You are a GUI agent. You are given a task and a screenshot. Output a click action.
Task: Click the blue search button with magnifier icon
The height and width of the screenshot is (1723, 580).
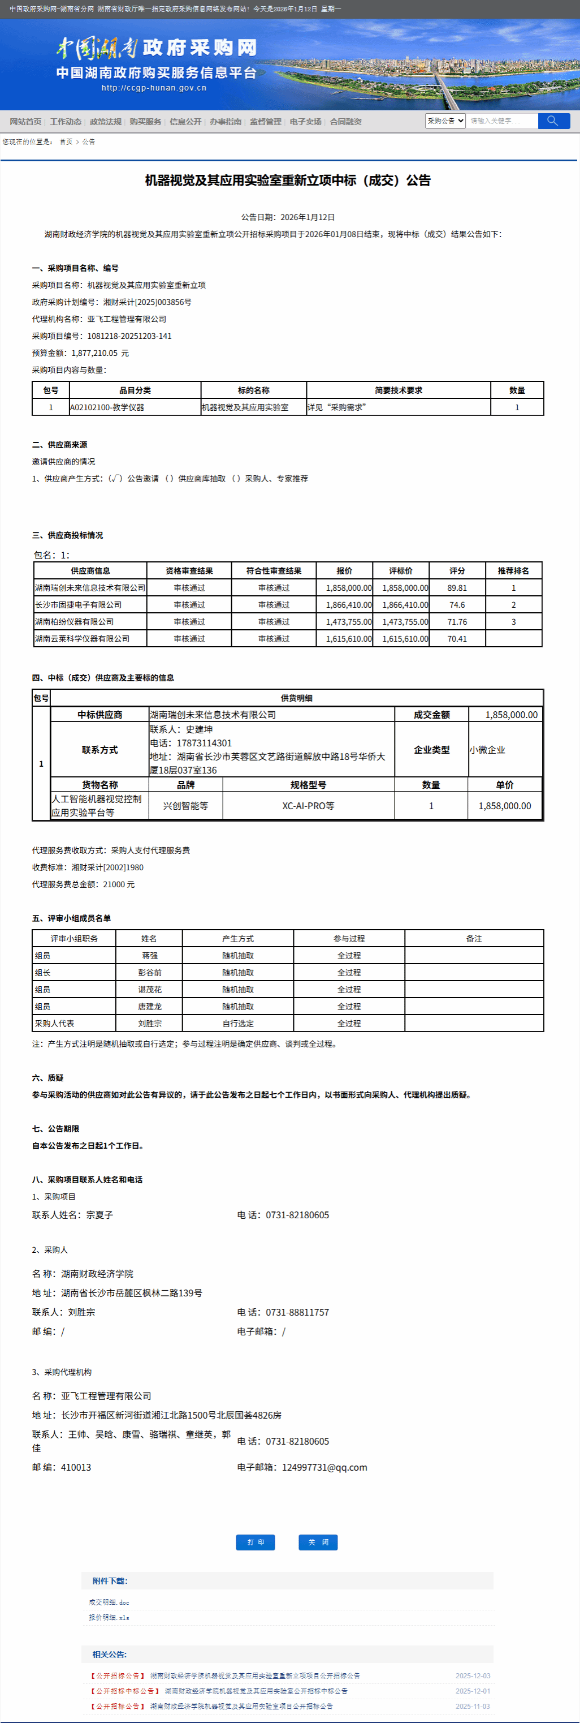tap(553, 121)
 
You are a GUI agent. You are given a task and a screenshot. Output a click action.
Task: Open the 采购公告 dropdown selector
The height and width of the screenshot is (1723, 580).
tap(445, 121)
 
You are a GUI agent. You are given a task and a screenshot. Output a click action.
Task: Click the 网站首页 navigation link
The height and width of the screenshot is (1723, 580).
tap(25, 122)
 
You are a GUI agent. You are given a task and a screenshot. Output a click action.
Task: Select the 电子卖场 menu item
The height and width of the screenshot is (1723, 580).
tap(305, 122)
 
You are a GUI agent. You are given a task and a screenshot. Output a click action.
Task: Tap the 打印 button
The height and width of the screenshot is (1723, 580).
tap(256, 1542)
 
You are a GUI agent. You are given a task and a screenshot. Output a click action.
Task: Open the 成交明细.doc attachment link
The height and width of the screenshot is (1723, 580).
tap(109, 1602)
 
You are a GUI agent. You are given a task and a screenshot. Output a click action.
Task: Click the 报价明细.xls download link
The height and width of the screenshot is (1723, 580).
tap(109, 1617)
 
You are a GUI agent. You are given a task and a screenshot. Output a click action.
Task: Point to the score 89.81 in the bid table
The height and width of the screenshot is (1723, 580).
tap(457, 588)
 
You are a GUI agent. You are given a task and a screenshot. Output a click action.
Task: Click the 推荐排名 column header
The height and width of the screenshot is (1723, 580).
tap(513, 570)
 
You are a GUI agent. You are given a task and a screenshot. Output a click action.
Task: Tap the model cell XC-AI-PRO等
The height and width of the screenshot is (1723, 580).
tap(308, 806)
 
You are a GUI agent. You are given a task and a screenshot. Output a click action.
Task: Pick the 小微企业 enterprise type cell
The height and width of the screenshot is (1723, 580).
tap(487, 750)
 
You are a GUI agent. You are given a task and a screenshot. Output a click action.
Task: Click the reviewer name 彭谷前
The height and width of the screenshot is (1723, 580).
tap(150, 973)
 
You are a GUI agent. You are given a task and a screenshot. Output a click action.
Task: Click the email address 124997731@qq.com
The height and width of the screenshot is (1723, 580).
tap(324, 1467)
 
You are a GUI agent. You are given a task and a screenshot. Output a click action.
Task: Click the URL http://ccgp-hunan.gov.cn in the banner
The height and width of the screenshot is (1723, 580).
tap(154, 88)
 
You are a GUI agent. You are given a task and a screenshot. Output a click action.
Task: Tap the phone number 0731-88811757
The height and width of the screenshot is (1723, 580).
tap(297, 1312)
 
